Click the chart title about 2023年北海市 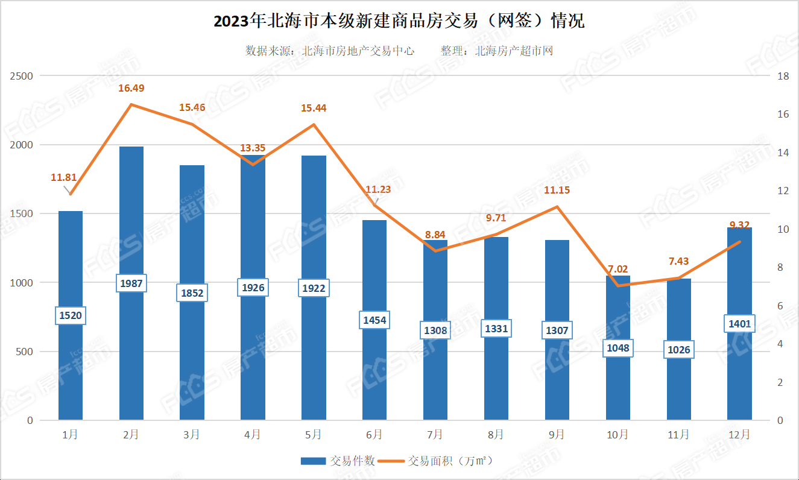coord(399,22)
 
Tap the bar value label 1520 coord(71,315)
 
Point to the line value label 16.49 coord(131,88)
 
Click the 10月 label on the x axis coord(618,434)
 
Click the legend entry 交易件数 coord(338,461)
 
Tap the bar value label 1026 coord(679,350)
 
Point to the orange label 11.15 coord(557,190)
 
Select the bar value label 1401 coord(740,324)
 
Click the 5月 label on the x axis coord(314,434)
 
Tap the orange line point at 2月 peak coord(131,105)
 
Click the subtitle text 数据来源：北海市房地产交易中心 coord(330,51)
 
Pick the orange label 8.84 coord(435,235)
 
